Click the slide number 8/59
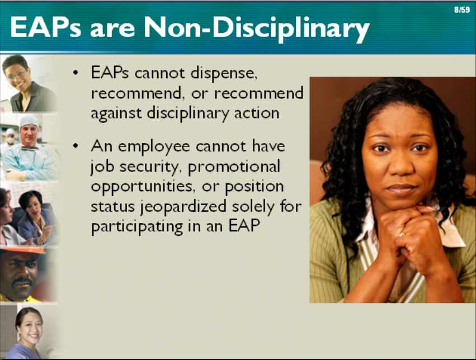tap(461, 10)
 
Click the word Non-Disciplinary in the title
tap(257, 29)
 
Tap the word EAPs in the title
tap(46, 27)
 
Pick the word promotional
tap(234, 167)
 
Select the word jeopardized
tap(183, 207)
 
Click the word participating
tap(137, 227)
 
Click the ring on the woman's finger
tap(402, 234)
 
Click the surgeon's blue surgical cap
tap(29, 121)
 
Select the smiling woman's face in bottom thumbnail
tap(30, 326)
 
